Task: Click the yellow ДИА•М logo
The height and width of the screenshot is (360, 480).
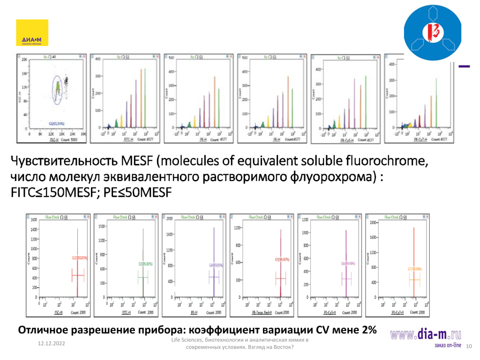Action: [32, 33]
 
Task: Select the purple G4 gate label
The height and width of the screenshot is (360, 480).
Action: [217, 265]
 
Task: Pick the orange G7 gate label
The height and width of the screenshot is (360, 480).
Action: [415, 269]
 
